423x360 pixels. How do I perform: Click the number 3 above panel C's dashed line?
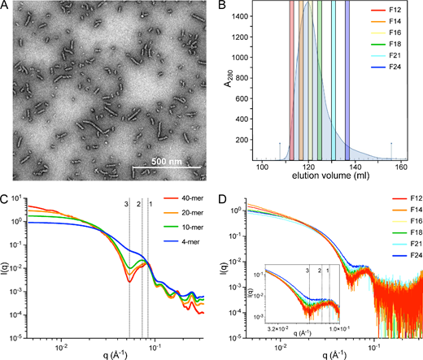point(127,204)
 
